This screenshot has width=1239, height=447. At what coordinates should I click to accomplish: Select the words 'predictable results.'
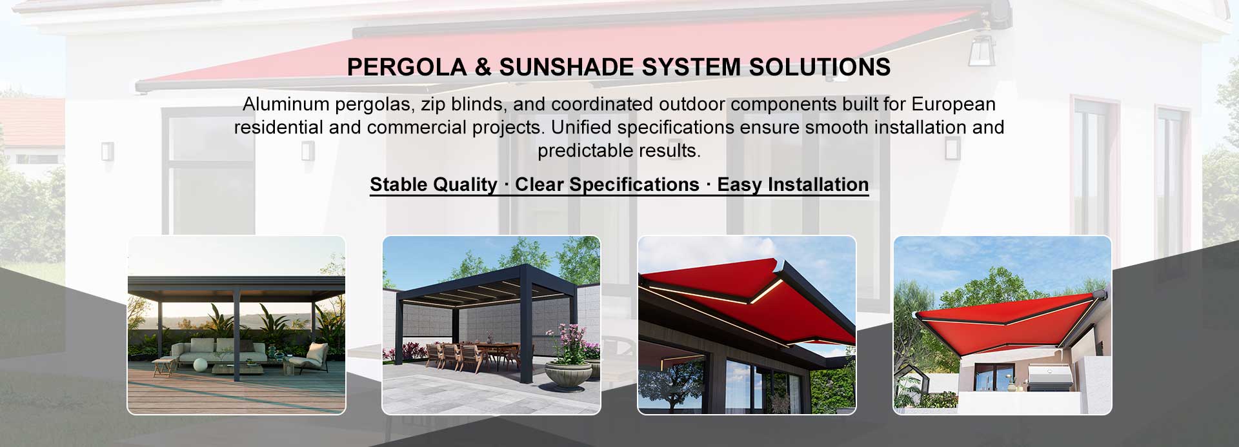click(x=619, y=151)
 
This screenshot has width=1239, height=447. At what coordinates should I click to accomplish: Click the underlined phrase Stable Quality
click(x=433, y=184)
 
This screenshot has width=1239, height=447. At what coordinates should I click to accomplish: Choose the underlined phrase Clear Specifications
click(x=607, y=184)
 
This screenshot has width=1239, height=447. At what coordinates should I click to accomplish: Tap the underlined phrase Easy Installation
click(x=792, y=184)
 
